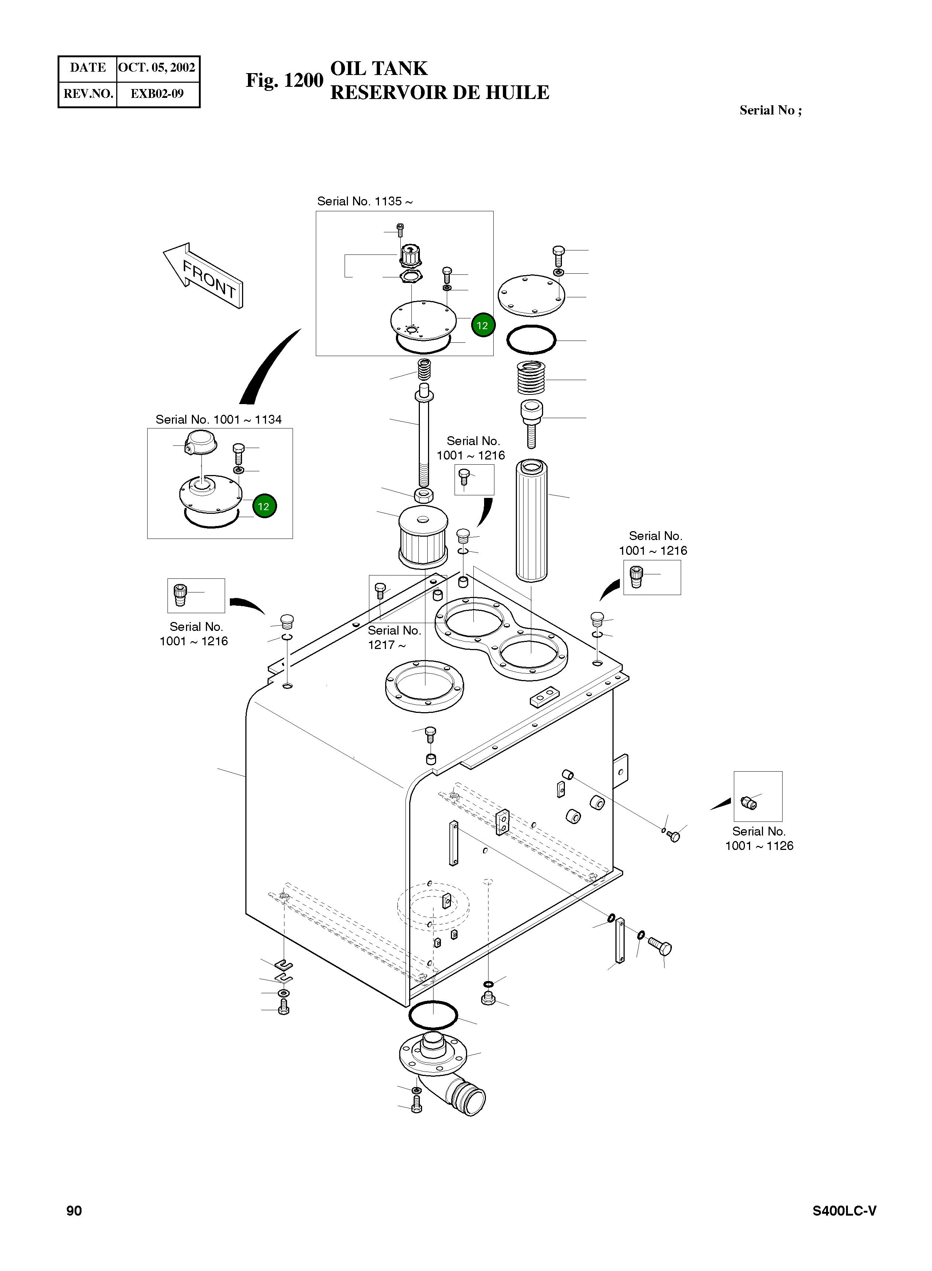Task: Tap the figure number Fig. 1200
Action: (x=284, y=81)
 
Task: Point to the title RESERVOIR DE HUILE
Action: (x=439, y=93)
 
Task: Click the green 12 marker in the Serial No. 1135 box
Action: (x=482, y=325)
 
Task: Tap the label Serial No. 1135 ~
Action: (x=365, y=202)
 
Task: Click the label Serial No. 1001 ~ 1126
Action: (x=759, y=838)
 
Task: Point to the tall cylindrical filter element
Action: (x=531, y=520)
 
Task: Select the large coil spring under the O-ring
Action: (x=531, y=377)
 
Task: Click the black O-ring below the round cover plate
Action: (x=531, y=340)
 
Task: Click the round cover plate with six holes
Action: (x=531, y=295)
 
